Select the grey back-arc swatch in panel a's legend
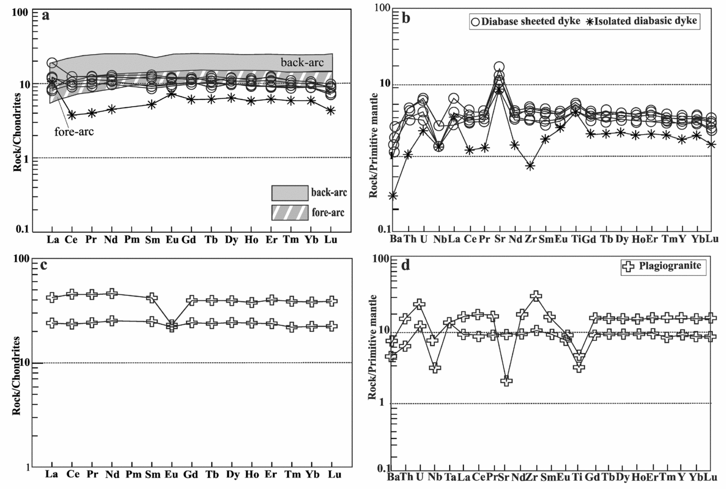(288, 193)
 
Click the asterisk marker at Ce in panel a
(72, 115)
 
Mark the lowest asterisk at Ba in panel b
(393, 195)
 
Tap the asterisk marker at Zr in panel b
(530, 166)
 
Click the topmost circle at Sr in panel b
(499, 67)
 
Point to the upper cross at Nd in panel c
(112, 294)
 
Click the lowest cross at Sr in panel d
(506, 381)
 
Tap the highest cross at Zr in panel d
(536, 296)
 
